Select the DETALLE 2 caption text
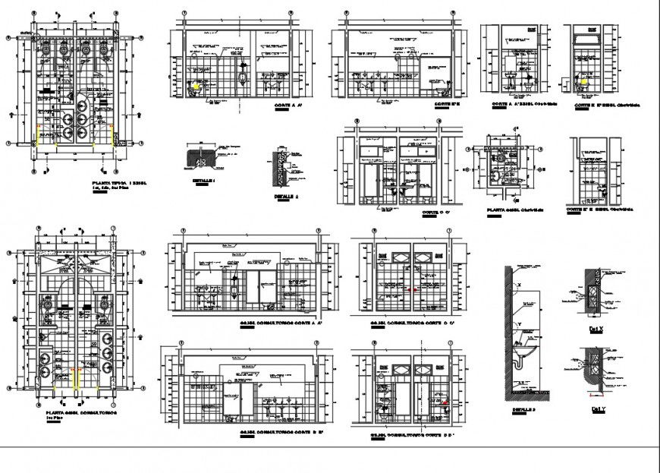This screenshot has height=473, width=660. pyautogui.click(x=288, y=195)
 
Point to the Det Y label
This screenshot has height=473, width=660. pyautogui.click(x=598, y=408)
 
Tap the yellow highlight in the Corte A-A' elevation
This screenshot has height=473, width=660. pyautogui.click(x=198, y=87)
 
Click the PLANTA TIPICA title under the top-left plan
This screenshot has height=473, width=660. pyautogui.click(x=119, y=184)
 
